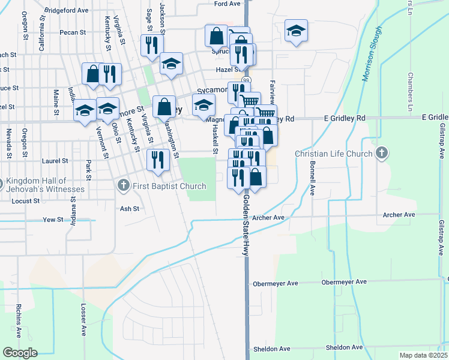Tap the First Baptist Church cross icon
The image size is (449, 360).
tap(124, 186)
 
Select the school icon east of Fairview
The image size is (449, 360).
tap(295, 32)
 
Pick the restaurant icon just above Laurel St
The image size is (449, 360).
tap(157, 160)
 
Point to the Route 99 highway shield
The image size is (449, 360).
tap(246, 79)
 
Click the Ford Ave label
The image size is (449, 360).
tap(227, 4)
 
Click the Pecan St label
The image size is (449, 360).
tap(72, 32)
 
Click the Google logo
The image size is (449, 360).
tap(20, 353)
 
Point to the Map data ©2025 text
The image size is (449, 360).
tap(423, 355)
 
